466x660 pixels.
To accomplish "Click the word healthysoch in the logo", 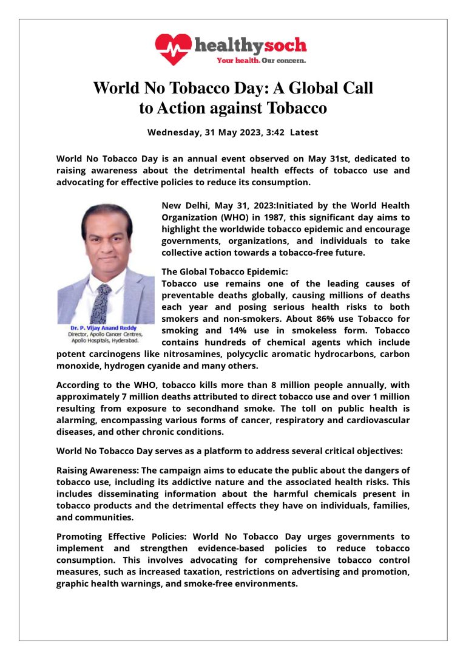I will [250, 46].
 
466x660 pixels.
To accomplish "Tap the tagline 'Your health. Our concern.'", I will [262, 61].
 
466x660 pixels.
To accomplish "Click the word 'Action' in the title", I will [180, 108].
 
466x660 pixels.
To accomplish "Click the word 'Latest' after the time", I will [303, 132].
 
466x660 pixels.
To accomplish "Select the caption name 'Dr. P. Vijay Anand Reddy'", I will [104, 328].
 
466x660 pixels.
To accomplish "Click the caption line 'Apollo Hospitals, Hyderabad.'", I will [104, 340].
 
